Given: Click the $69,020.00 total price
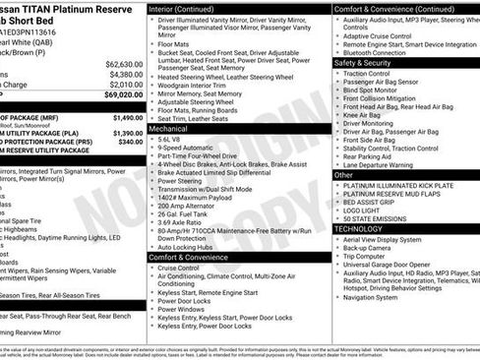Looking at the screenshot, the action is (x=118, y=95).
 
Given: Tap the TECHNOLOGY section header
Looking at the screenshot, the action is (x=359, y=228).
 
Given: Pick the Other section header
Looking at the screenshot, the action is (x=346, y=174).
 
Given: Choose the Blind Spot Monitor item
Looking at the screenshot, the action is (x=374, y=90).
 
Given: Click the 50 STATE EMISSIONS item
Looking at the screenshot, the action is (x=379, y=217).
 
